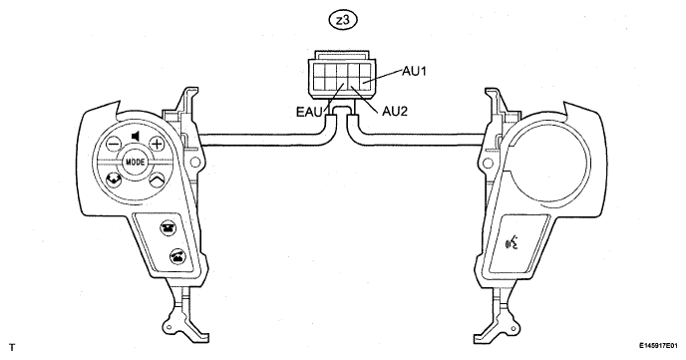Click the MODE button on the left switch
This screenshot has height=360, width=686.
click(x=136, y=162)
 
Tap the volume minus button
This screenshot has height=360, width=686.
click(x=114, y=143)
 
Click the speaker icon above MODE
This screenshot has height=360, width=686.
click(x=136, y=137)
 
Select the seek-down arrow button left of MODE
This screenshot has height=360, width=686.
click(x=114, y=180)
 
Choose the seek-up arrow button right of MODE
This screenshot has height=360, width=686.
click(x=157, y=180)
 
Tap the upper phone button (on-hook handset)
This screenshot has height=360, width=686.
click(x=167, y=228)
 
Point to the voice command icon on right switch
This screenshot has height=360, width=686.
click(x=512, y=241)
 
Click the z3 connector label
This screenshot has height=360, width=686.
click(x=343, y=20)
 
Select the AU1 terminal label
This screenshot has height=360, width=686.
click(x=414, y=71)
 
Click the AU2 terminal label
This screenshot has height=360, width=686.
click(x=395, y=112)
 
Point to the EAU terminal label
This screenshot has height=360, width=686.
click(x=309, y=112)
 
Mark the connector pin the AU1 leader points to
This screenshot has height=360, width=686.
click(x=365, y=82)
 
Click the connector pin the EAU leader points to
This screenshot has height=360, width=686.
click(x=342, y=82)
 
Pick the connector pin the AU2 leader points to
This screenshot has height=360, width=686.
click(x=354, y=82)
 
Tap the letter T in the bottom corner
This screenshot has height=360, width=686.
click(x=12, y=348)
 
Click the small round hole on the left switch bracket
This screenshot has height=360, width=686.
click(x=195, y=163)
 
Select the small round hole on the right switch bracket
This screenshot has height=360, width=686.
click(x=489, y=164)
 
